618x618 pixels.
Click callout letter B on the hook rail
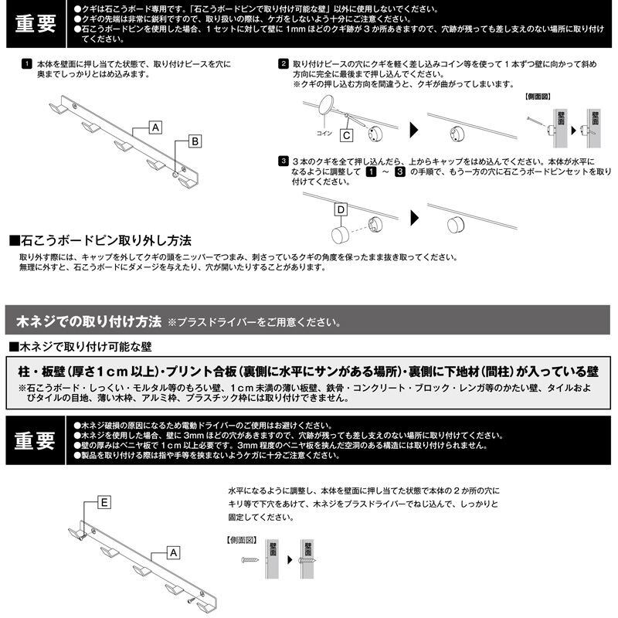pos(195,141)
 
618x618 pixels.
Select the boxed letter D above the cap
pos(340,209)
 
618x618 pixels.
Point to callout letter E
pos(106,502)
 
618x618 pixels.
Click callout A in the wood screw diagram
pos(173,552)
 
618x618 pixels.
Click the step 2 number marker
pos(284,63)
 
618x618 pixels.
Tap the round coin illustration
pos(328,105)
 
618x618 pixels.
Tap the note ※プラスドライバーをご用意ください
pos(253,321)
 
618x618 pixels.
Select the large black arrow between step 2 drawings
pos(413,127)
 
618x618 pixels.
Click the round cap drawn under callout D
pos(340,233)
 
